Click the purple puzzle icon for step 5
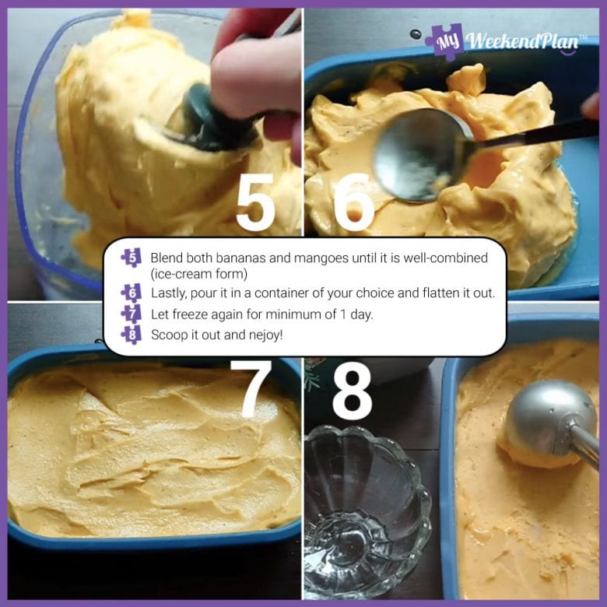[x=132, y=257]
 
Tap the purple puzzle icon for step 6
[x=132, y=293]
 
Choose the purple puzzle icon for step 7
[x=132, y=314]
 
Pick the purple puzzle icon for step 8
[x=132, y=334]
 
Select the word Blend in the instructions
[x=167, y=258]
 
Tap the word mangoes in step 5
[x=303, y=258]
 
